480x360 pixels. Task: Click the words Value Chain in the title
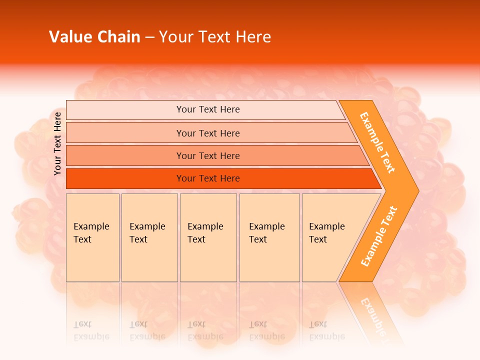94,37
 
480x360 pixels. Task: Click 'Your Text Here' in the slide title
215,37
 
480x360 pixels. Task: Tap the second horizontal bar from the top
208,133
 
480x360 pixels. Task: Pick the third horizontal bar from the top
208,155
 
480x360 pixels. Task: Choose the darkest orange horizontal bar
208,178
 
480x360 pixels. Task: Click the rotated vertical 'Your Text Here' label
57,143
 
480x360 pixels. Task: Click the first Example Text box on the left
92,237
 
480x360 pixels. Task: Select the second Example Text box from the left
149,237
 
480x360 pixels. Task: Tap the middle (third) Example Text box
208,237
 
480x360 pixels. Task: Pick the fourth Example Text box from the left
269,237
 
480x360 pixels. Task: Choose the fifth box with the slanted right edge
330,237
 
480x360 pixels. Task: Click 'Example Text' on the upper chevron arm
377,142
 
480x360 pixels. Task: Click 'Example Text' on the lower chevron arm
378,236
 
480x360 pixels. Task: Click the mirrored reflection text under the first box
91,330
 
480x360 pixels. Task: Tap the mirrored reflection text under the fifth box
326,330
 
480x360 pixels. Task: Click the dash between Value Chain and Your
149,37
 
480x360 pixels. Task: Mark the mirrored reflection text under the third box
205,330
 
